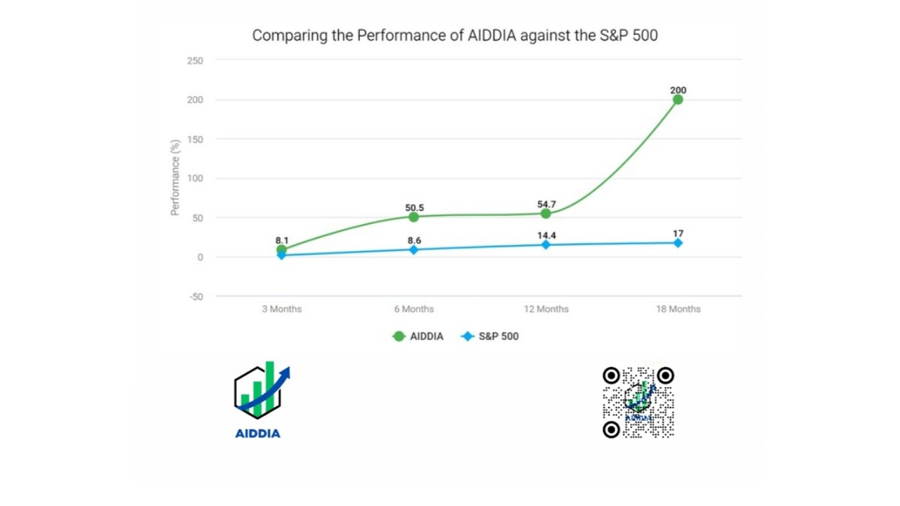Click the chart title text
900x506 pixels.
point(455,35)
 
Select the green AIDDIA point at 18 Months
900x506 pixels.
point(678,100)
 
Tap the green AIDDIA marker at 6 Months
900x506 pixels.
point(413,216)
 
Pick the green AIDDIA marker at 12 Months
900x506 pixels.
point(546,214)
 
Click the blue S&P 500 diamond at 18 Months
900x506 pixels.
point(678,242)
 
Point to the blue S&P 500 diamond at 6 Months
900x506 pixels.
point(413,249)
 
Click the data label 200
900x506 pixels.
point(678,90)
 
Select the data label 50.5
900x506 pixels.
point(414,207)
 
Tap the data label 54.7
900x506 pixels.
point(546,205)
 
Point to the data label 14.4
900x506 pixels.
point(546,235)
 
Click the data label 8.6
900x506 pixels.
point(414,240)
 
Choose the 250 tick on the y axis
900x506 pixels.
point(195,61)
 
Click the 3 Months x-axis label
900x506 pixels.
point(281,309)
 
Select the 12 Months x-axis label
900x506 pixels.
point(546,309)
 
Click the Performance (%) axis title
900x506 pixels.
point(176,177)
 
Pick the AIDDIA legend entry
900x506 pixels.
point(418,337)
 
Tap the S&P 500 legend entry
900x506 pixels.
point(490,337)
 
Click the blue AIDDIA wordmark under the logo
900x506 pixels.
point(257,433)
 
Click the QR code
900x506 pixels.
point(638,402)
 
